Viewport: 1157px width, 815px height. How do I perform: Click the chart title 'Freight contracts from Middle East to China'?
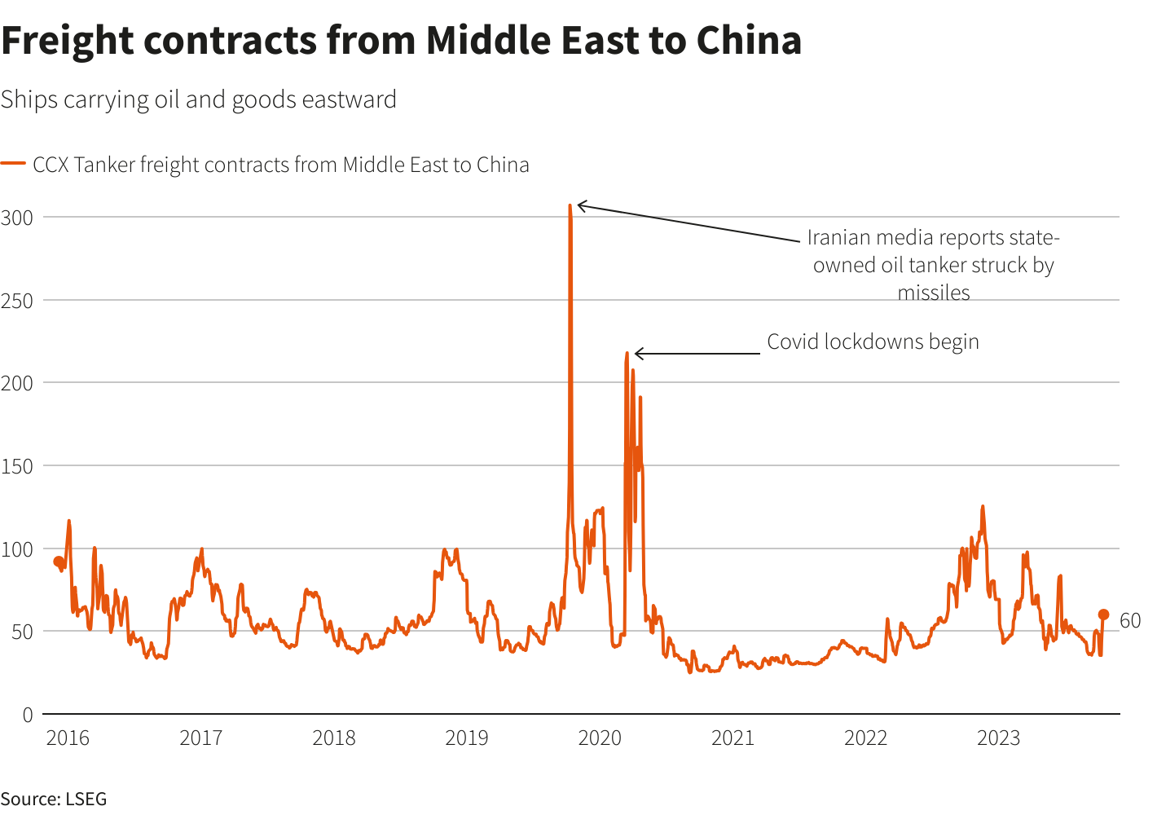401,41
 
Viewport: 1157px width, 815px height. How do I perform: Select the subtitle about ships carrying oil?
198,99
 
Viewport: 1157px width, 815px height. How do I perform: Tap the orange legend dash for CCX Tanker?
14,165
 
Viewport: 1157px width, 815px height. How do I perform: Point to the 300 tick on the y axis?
17,218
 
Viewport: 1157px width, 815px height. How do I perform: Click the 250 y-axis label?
17,301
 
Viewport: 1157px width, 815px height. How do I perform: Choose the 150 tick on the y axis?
17,466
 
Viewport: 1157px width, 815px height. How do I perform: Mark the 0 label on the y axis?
28,715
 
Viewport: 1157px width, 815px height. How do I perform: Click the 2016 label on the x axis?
68,738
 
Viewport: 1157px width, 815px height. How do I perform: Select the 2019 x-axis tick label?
467,738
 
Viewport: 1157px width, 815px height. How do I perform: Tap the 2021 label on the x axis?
732,738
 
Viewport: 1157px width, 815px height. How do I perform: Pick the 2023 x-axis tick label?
998,738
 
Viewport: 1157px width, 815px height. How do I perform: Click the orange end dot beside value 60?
1103,615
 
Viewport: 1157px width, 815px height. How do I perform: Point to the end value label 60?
1130,621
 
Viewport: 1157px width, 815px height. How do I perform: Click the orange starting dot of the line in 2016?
58,562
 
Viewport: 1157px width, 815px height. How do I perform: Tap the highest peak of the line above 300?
570,206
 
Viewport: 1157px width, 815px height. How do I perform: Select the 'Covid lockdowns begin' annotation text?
873,341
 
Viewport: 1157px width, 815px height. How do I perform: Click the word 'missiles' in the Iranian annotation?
934,293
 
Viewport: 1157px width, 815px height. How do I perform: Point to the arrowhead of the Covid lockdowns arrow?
636,354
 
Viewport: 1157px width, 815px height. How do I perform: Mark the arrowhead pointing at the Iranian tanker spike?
579,205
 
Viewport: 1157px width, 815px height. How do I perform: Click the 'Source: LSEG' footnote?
54,799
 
